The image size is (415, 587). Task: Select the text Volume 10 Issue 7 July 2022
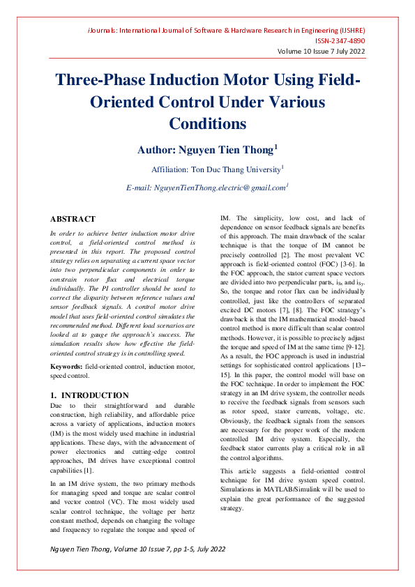pyautogui.click(x=322, y=52)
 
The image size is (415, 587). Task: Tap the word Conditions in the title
pyautogui.click(x=207, y=123)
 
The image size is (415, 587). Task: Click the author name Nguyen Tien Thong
pyautogui.click(x=229, y=149)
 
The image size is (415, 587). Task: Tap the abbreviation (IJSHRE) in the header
pyautogui.click(x=349, y=31)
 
